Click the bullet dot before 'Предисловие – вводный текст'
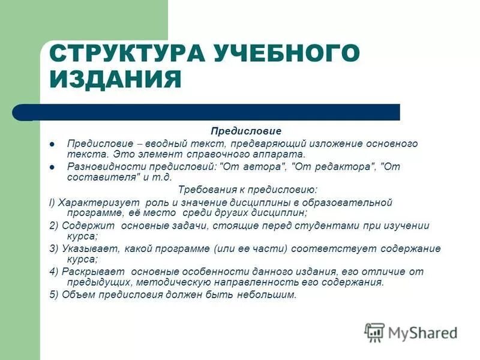pyautogui.click(x=52, y=144)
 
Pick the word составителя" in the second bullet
pyautogui.click(x=104, y=177)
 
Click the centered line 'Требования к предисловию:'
pyautogui.click(x=248, y=190)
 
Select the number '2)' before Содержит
pyautogui.click(x=53, y=226)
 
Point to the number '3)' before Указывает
pyautogui.click(x=53, y=248)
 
